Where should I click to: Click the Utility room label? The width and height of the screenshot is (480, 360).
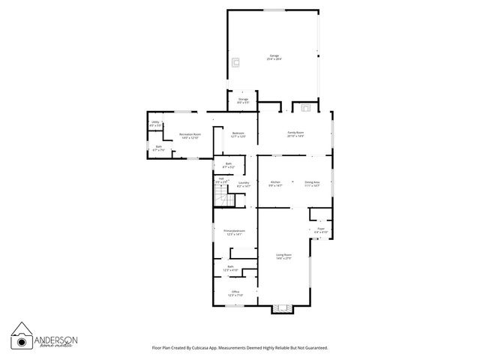click(x=155, y=123)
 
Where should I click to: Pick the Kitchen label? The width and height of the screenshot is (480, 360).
click(x=275, y=183)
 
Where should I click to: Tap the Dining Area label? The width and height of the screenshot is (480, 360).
click(x=312, y=183)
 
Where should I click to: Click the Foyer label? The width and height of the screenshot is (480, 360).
click(x=320, y=229)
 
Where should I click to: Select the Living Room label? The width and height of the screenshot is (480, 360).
click(x=283, y=256)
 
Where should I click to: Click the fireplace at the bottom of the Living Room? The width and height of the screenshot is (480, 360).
click(x=282, y=307)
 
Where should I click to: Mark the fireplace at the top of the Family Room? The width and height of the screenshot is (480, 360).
click(x=305, y=106)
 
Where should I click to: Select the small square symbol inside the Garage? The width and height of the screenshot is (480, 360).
click(x=235, y=62)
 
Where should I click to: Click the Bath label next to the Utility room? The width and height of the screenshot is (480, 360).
click(x=159, y=149)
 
